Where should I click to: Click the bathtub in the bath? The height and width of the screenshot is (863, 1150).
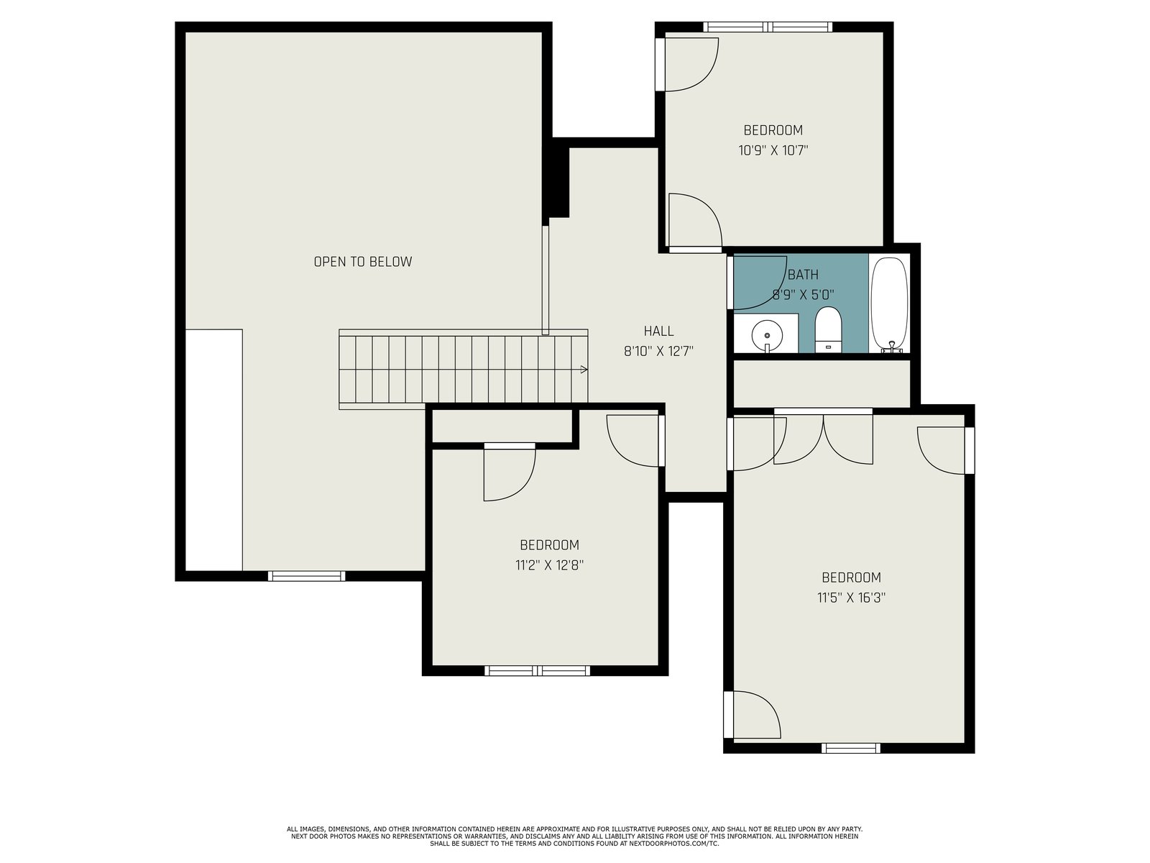click(889, 304)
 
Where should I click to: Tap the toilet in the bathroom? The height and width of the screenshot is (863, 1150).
click(828, 329)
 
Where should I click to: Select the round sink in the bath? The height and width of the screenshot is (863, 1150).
click(767, 334)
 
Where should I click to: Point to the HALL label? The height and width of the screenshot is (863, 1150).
click(658, 331)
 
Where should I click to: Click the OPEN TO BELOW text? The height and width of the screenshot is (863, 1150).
click(362, 262)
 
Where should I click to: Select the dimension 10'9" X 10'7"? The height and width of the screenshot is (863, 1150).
click(773, 151)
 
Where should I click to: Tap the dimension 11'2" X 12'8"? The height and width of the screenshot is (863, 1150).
click(549, 565)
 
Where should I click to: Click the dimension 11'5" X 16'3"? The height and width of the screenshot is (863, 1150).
click(851, 598)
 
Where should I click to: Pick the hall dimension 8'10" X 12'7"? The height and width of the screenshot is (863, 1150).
click(658, 351)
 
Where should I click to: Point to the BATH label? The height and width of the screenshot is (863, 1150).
click(803, 275)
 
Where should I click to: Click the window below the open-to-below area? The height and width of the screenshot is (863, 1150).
click(306, 576)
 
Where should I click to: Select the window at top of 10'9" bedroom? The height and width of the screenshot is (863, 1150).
click(768, 27)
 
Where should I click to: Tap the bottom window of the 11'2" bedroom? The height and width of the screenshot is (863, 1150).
click(537, 671)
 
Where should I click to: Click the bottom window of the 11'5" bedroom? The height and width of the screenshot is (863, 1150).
click(851, 748)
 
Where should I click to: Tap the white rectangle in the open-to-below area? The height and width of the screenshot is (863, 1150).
click(213, 450)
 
